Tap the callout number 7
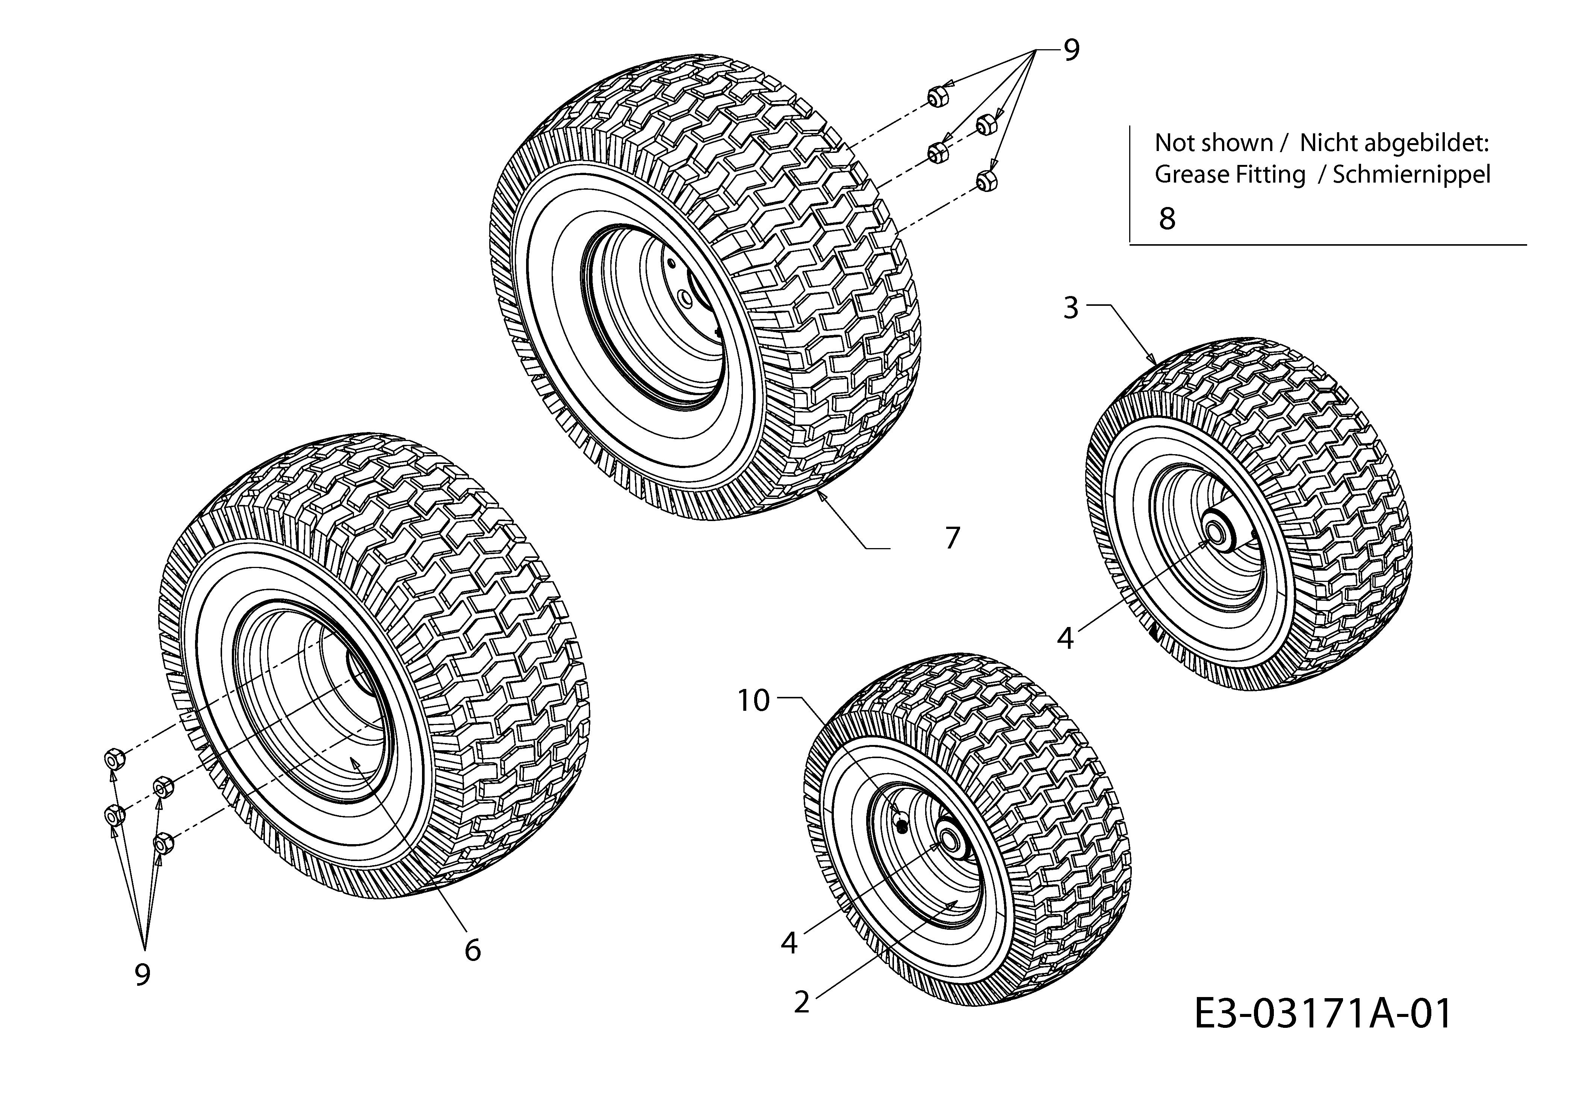pos(952,538)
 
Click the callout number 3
pos(1070,308)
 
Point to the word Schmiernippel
pos(1411,174)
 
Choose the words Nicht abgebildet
pos(1394,143)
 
